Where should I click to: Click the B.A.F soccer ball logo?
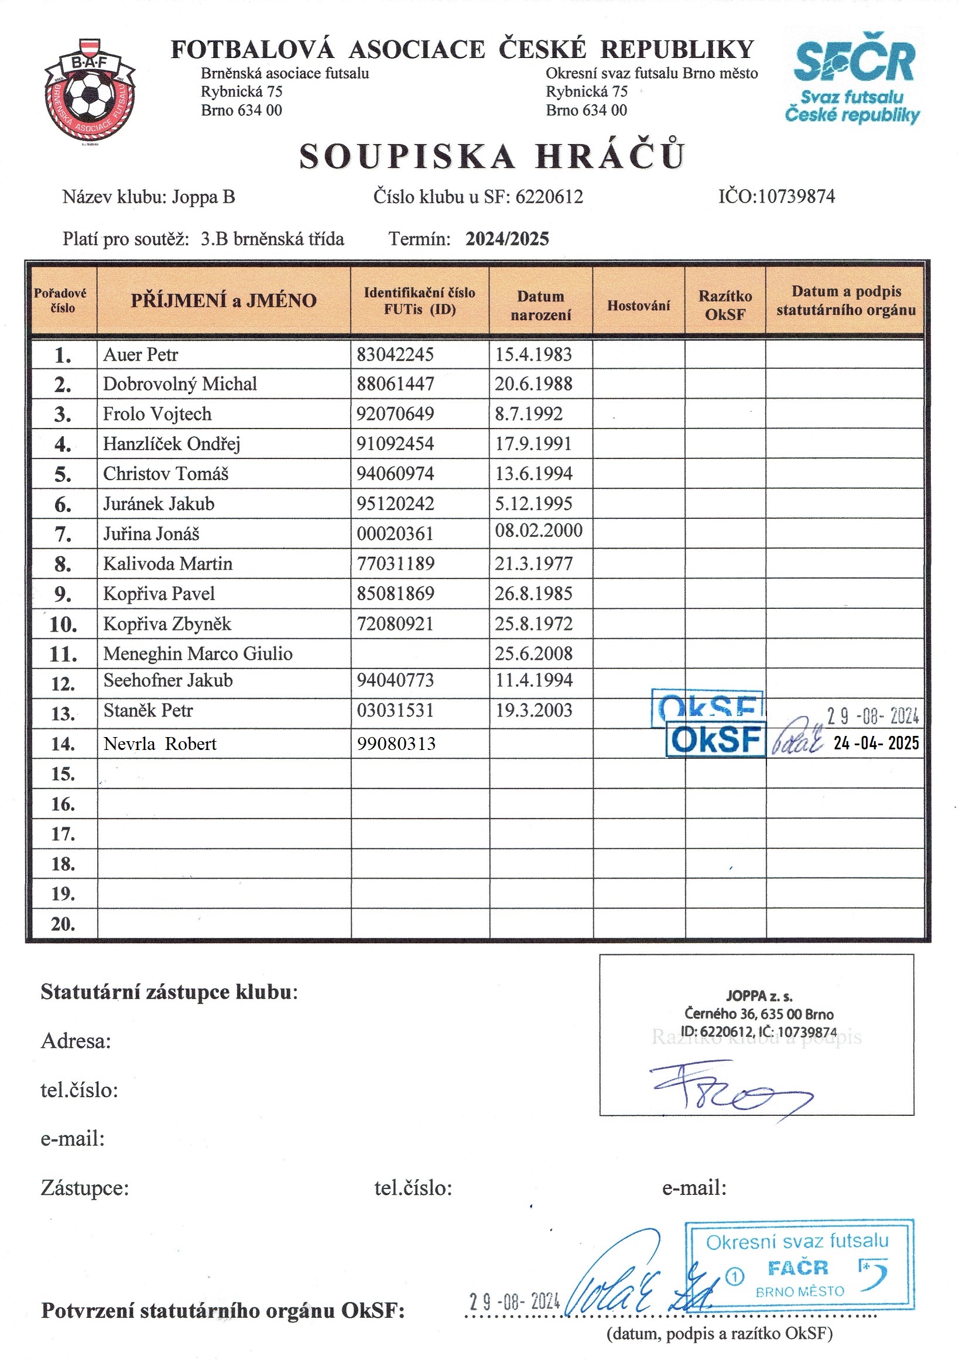(90, 91)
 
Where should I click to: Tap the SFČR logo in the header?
(854, 77)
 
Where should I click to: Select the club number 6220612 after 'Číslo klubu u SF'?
(549, 197)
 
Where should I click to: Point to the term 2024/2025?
(507, 239)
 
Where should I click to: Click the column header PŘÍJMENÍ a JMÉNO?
(223, 300)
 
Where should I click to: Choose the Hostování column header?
(639, 306)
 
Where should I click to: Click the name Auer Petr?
(141, 354)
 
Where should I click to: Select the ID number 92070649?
(395, 413)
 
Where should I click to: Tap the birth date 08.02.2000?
(539, 530)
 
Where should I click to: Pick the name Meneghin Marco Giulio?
(198, 653)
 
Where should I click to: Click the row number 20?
(63, 923)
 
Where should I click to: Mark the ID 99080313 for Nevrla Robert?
(396, 744)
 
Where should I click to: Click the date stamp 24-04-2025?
(876, 743)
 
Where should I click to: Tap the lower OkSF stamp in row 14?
(715, 739)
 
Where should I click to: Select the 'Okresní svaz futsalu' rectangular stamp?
(799, 1265)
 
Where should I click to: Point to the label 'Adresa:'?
(76, 1040)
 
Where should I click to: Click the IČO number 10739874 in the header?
(796, 197)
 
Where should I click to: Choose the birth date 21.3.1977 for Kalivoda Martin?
(534, 563)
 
